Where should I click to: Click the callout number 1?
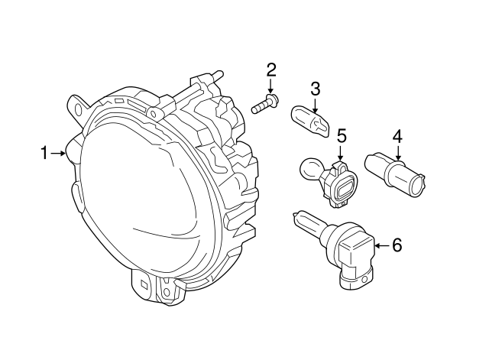[x=44, y=154]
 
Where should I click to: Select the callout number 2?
[x=270, y=70]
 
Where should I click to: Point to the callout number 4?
[x=397, y=137]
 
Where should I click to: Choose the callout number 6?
[x=397, y=245]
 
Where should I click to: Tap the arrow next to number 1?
[x=59, y=154]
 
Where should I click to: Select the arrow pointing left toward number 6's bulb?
[x=380, y=245]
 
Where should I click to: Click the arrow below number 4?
[x=397, y=153]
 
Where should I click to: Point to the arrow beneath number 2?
[x=270, y=86]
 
